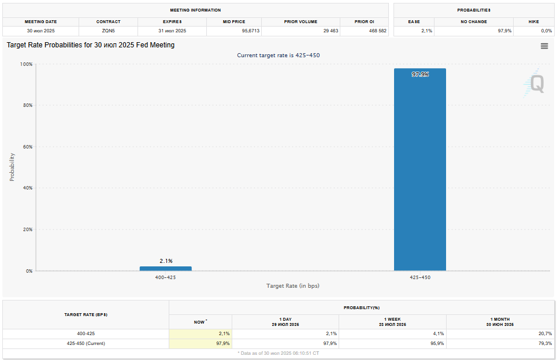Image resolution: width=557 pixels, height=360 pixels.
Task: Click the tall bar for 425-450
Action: (419, 173)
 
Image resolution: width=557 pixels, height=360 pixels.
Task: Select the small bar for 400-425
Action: (165, 268)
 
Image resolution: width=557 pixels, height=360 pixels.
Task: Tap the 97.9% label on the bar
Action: (420, 75)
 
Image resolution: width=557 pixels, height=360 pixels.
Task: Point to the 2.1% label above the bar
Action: (166, 261)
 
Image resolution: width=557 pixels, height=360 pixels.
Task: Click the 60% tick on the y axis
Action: (26, 147)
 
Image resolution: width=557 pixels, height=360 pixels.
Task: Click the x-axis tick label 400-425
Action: (165, 277)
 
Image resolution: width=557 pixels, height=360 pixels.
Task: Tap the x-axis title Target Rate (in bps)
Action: (292, 286)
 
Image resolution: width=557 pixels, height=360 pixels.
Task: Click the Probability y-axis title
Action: (12, 167)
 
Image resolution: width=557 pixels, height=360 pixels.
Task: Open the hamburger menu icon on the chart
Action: (544, 46)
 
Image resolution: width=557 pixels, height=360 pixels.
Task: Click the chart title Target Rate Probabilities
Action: (91, 45)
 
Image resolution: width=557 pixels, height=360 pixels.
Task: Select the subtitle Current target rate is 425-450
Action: (278, 55)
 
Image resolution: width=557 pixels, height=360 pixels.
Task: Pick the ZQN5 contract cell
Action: (108, 31)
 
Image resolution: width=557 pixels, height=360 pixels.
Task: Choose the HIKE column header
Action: (533, 21)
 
